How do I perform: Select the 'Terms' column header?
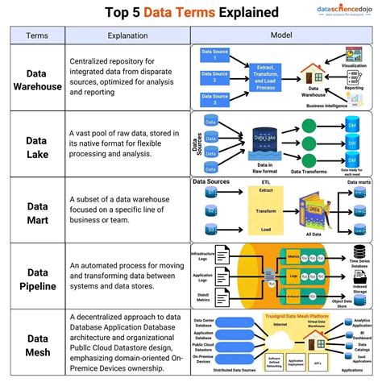36,35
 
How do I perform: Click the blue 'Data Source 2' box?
214,79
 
